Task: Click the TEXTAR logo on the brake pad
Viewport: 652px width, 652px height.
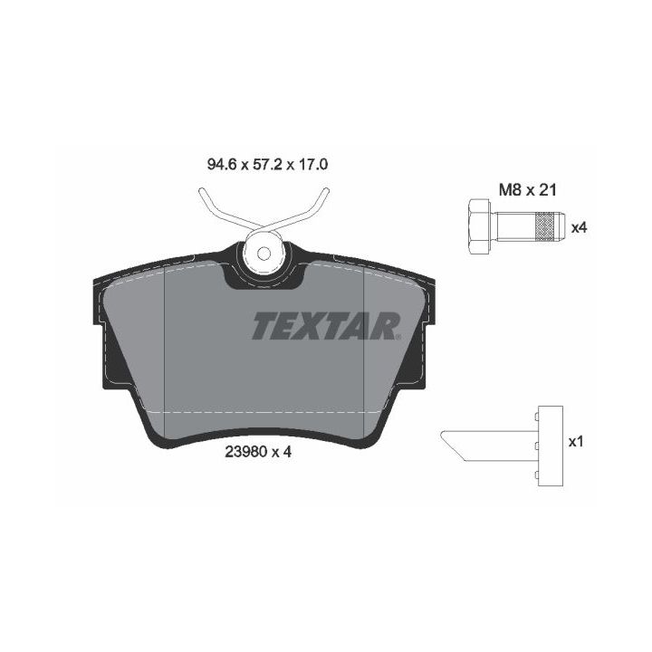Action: [326, 326]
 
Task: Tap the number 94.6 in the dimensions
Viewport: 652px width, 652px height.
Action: [222, 165]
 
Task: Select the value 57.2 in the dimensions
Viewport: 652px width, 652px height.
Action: [268, 165]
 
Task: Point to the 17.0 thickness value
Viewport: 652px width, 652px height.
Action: [313, 165]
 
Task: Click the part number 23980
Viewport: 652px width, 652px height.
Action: [245, 452]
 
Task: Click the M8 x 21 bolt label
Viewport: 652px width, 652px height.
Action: [527, 190]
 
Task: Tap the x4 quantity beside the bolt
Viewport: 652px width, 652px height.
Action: [579, 228]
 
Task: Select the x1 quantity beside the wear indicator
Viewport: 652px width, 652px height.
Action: [576, 442]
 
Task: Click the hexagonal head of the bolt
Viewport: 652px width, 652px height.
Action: [479, 226]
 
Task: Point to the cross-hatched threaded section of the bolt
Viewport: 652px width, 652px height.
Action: [545, 226]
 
